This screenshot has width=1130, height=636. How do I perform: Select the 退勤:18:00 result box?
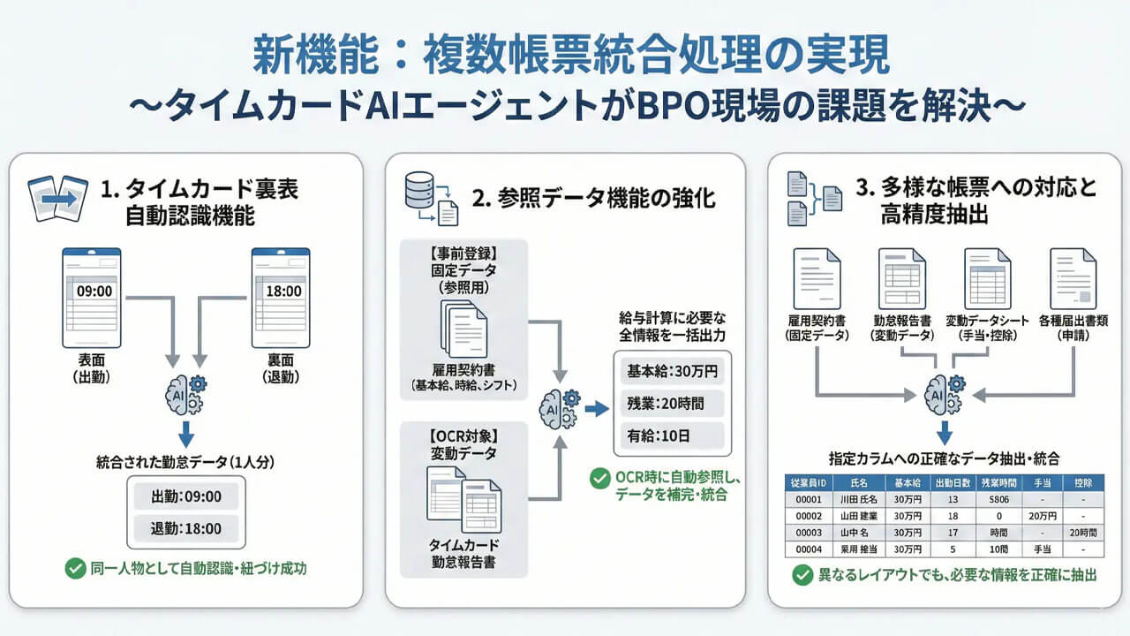185,528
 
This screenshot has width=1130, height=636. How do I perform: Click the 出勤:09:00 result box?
185,496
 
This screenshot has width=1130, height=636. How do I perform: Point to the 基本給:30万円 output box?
668,373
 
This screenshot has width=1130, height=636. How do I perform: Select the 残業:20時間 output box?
668,405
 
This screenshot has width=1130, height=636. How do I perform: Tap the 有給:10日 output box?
668,436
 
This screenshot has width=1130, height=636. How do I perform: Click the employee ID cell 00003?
810,533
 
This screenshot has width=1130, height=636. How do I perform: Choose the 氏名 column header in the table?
855,483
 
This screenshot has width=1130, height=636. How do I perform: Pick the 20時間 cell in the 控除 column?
1082,533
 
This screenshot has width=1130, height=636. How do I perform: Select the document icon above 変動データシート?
987,276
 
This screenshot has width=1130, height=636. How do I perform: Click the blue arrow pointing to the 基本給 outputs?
597,408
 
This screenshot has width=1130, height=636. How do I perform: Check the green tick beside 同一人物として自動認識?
75,569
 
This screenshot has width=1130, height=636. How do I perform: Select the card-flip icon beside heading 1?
58,196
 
